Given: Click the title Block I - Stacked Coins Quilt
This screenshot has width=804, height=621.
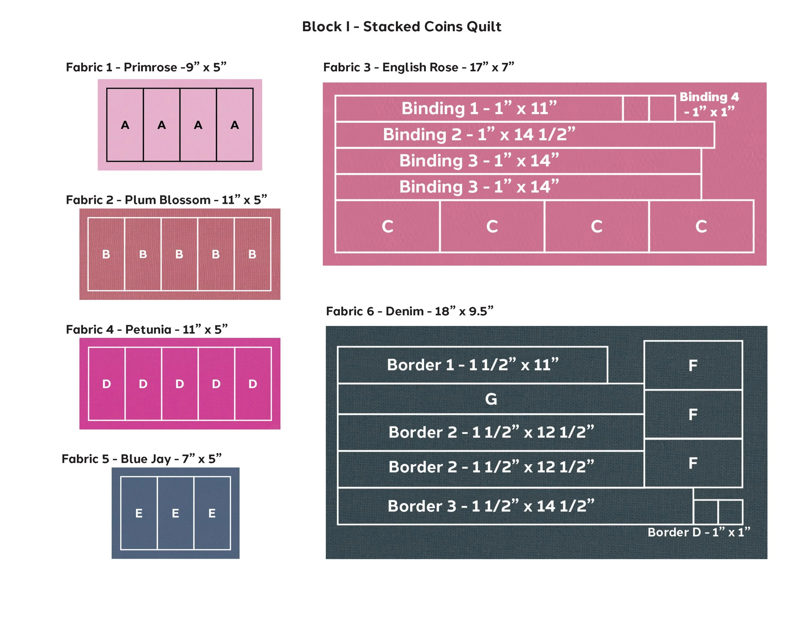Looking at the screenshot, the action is point(402,26).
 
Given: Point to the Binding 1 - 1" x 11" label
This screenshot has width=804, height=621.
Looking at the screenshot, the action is point(479,108).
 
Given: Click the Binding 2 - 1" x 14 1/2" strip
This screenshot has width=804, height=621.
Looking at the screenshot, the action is point(525,135).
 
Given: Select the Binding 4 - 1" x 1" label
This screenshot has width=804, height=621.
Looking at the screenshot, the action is point(709,104).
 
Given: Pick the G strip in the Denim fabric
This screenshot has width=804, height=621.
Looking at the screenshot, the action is point(491,399).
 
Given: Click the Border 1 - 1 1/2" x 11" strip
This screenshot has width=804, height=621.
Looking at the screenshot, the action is point(472,365).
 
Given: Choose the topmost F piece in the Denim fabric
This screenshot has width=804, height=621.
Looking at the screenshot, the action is point(693,365).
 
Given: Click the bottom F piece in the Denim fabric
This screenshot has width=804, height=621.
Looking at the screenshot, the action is point(693,463).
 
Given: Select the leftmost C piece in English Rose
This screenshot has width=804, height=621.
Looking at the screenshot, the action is point(388,226).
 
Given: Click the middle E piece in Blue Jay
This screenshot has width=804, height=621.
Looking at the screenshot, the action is point(176,513).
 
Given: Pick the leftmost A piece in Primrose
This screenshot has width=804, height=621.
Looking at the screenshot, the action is point(125,125).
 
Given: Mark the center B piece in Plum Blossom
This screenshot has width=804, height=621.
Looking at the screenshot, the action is point(179,254).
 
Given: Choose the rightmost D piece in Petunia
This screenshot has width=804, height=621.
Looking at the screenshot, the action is point(253,384).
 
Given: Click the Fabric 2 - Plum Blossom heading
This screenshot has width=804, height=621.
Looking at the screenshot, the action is point(166,200).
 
